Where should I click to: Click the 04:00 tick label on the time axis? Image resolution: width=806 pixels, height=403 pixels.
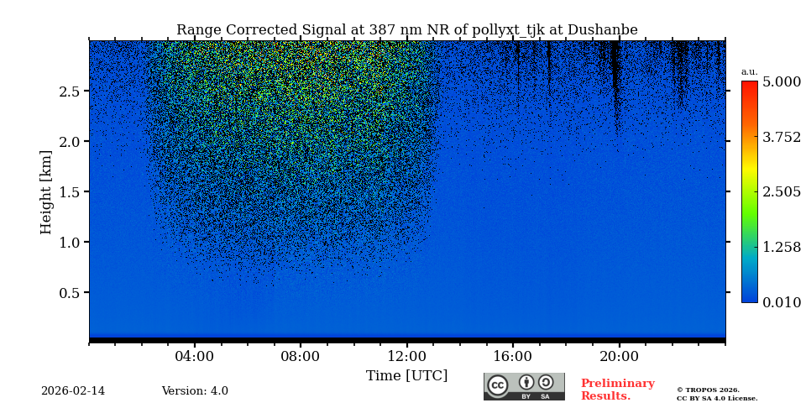[x=194, y=357]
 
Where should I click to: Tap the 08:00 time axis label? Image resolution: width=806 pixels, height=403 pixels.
[x=300, y=357]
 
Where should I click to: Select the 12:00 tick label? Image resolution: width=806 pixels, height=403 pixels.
[x=406, y=357]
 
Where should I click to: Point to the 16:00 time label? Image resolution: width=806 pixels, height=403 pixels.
[x=512, y=357]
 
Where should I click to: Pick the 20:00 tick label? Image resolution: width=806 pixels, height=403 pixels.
[x=619, y=357]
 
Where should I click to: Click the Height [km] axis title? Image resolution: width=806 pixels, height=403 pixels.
[x=46, y=191]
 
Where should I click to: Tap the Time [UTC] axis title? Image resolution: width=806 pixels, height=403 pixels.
[x=406, y=376]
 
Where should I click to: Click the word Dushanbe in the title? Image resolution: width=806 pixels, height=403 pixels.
[x=602, y=30]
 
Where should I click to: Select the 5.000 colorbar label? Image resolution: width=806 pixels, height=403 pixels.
[x=781, y=82]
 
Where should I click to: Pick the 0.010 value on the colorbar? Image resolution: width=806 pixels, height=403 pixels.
[x=781, y=302]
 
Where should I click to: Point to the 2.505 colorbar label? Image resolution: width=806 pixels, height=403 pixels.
[x=781, y=192]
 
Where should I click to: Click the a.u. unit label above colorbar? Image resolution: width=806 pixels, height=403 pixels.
[x=749, y=72]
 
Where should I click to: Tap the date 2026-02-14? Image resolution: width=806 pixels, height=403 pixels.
[x=73, y=391]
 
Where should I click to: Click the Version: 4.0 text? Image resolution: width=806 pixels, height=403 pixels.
[x=195, y=391]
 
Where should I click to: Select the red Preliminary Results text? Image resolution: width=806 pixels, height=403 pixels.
[x=617, y=390]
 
